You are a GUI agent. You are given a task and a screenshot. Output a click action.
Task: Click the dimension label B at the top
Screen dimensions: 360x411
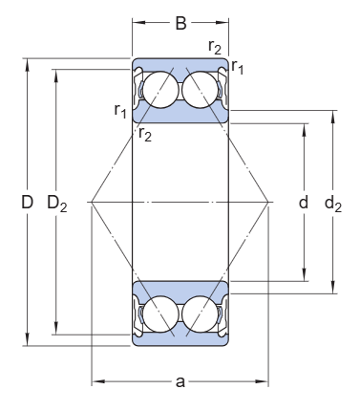click(180, 23)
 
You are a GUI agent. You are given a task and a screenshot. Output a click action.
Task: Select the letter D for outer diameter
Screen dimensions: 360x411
click(27, 202)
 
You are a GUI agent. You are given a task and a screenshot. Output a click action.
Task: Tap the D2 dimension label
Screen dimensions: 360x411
click(57, 204)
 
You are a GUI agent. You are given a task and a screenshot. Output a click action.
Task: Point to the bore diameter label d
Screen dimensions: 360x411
click(304, 202)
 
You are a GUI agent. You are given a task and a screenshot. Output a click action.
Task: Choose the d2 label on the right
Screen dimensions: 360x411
click(333, 204)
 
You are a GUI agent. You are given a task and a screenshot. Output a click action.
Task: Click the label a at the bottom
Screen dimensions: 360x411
click(180, 381)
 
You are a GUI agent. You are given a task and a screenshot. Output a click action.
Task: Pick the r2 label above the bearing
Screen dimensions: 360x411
click(215, 47)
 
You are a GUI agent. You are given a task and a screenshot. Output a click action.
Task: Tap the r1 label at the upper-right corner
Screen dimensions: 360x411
click(238, 67)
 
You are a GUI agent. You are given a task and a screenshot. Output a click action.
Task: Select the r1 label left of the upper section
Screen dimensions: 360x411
click(120, 111)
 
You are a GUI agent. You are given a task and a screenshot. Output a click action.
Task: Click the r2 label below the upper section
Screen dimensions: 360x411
click(145, 134)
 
